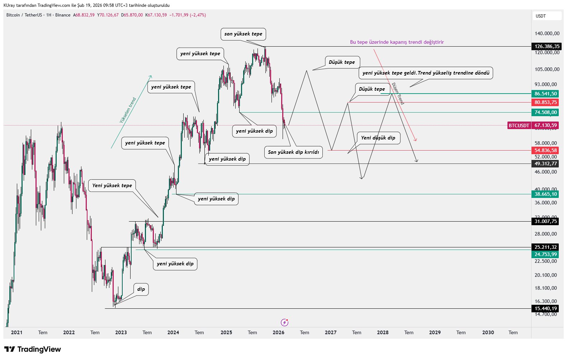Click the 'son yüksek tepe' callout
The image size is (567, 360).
tap(243, 34)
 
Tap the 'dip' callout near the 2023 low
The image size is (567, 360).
tap(141, 289)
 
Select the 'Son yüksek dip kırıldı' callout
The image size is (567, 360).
tap(293, 152)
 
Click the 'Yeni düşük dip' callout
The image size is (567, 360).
tap(378, 138)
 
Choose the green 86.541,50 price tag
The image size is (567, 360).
tap(545, 94)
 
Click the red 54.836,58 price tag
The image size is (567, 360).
tap(545, 150)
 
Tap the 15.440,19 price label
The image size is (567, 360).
tap(545, 308)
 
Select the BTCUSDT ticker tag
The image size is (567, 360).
tap(519, 125)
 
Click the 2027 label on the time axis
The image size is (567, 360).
tap(331, 332)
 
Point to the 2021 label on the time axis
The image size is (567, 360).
tap(17, 332)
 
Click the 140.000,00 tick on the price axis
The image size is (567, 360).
tap(547, 33)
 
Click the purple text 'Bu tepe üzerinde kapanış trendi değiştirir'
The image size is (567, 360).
tap(397, 42)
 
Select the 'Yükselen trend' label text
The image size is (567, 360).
tap(128, 110)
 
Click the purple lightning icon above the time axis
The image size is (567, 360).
tap(284, 322)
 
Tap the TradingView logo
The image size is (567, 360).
tap(33, 349)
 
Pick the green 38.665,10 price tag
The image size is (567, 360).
tap(545, 194)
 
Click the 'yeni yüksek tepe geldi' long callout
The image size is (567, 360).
tap(426, 73)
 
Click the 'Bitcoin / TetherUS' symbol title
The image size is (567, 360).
tap(24, 15)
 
